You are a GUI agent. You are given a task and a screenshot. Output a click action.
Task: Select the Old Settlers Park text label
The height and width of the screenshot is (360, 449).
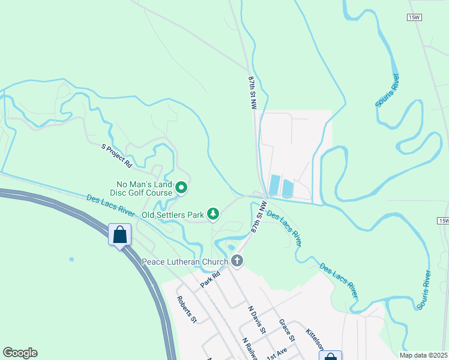click(173, 214)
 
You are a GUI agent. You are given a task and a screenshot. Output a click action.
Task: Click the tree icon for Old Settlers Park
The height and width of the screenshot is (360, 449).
click(212, 214)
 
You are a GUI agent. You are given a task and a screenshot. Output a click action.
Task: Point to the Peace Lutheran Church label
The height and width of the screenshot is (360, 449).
click(185, 262)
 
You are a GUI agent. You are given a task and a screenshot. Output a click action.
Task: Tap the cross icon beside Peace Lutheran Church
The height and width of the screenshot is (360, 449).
click(237, 261)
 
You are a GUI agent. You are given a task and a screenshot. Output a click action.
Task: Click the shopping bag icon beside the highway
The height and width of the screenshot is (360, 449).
click(120, 234)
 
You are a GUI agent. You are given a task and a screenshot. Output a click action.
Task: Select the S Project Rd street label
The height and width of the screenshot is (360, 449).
click(116, 155)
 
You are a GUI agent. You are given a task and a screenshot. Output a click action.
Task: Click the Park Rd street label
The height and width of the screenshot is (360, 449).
click(211, 279)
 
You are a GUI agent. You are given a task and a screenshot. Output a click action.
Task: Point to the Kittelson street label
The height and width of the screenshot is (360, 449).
click(316, 340)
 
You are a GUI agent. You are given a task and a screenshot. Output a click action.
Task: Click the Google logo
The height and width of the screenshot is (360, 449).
click(20, 353)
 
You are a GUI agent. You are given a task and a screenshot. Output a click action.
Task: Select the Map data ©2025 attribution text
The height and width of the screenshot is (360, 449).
click(423, 355)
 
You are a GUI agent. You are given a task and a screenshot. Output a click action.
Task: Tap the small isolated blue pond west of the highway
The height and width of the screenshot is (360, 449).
click(71, 259)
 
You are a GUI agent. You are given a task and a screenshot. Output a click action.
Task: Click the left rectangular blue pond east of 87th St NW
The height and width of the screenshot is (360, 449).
click(274, 185)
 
